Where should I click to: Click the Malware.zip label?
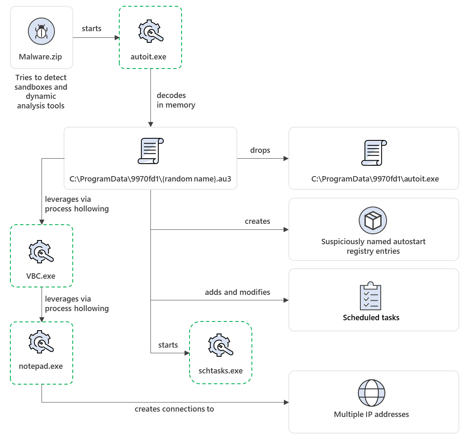(x=40, y=57)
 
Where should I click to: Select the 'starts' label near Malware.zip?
(x=92, y=29)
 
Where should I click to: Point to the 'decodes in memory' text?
(x=175, y=100)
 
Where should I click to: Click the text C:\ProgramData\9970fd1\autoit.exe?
(x=374, y=179)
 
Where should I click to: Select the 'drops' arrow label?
(x=260, y=150)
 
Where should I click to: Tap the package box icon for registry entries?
(x=373, y=221)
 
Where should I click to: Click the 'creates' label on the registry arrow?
(x=257, y=221)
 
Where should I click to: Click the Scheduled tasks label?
(x=371, y=318)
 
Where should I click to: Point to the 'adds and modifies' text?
(x=237, y=292)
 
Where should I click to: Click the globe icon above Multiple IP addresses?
(x=372, y=393)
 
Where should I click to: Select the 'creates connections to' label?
(x=174, y=409)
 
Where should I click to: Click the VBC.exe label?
(x=40, y=276)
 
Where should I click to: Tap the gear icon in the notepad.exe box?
(x=41, y=342)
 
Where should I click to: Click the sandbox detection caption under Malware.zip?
(x=41, y=91)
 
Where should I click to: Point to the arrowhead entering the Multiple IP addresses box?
(x=286, y=402)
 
